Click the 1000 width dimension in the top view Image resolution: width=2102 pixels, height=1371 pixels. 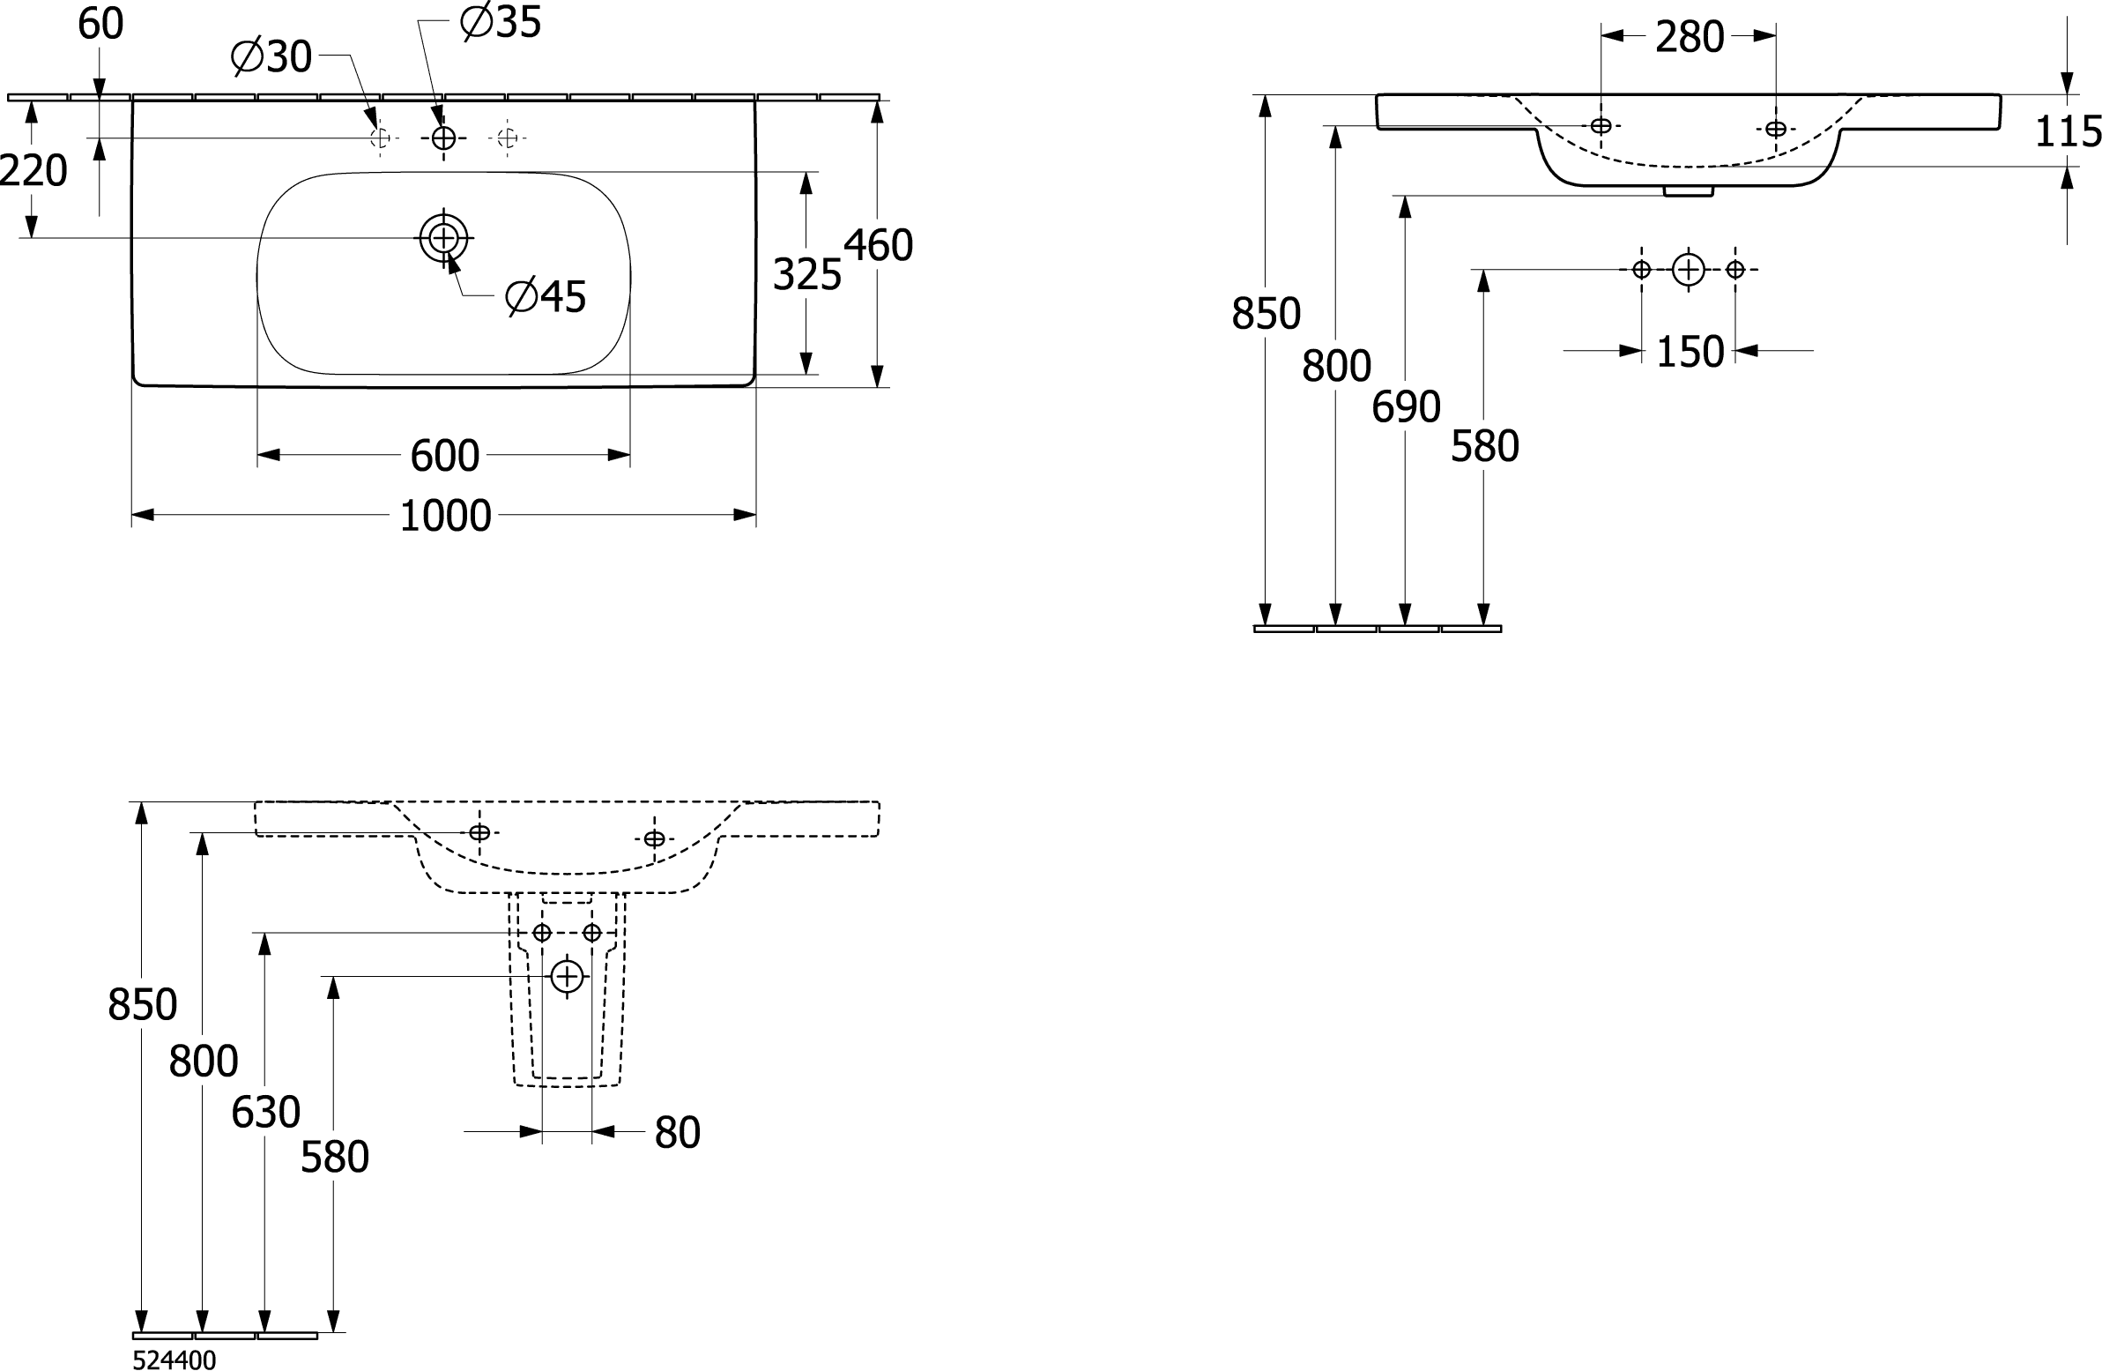click(x=445, y=516)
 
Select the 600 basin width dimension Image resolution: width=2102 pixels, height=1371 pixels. click(x=445, y=456)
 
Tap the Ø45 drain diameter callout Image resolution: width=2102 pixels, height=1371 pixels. click(x=546, y=297)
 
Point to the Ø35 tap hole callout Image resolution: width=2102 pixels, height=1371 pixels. click(x=501, y=22)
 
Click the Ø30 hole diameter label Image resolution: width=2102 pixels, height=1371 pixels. click(x=271, y=57)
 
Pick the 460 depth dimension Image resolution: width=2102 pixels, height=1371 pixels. click(x=878, y=246)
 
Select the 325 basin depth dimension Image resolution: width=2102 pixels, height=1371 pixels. click(x=806, y=275)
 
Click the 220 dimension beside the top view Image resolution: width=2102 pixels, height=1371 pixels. click(x=33, y=170)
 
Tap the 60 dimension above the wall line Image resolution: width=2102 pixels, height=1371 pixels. click(x=100, y=24)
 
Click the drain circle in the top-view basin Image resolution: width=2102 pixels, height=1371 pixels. click(x=443, y=238)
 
